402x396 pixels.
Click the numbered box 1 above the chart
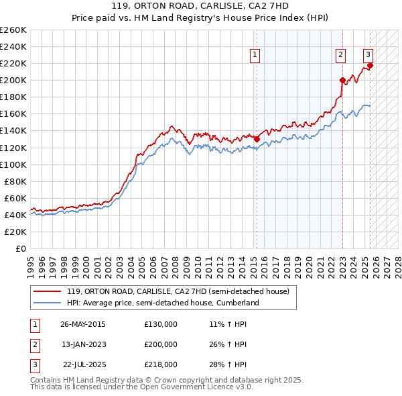click(x=256, y=56)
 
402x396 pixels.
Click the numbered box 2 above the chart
click(x=341, y=56)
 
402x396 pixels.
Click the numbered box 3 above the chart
click(x=368, y=56)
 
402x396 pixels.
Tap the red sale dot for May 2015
click(x=257, y=139)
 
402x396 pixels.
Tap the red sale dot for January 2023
click(x=342, y=80)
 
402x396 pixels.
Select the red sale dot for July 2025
click(x=371, y=65)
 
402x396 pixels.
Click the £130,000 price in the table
click(x=161, y=324)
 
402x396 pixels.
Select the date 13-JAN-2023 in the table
click(x=83, y=344)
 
